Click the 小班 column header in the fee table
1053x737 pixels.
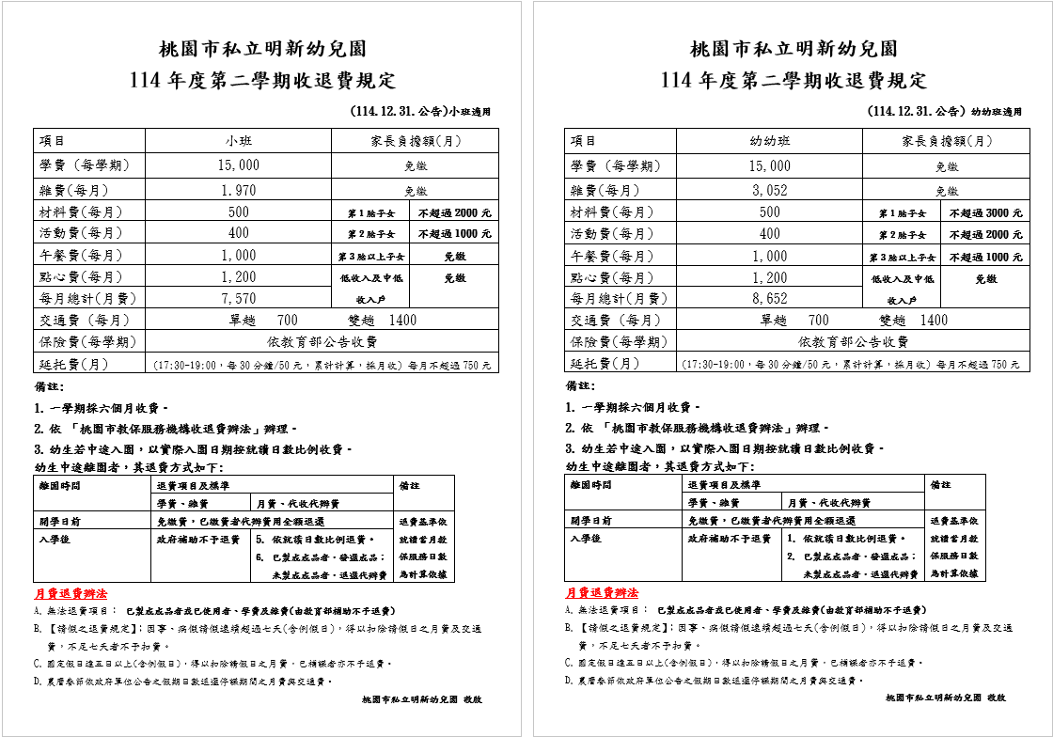239,141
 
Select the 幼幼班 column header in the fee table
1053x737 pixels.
769,141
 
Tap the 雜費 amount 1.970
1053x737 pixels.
239,190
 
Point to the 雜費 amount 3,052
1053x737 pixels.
769,190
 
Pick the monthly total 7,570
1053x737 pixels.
239,298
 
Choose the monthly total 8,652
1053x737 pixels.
769,299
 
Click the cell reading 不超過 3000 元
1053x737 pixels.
985,213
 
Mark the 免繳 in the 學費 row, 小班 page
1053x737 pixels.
416,166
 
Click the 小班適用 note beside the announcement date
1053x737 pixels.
470,112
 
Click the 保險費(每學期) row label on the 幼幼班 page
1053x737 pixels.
619,341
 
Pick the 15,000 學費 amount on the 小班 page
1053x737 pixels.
239,165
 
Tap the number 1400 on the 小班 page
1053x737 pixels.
402,320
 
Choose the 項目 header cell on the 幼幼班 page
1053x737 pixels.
584,141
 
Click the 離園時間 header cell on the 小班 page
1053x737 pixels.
60,485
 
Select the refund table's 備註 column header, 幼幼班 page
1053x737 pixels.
940,485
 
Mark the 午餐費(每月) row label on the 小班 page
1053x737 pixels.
82,255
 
